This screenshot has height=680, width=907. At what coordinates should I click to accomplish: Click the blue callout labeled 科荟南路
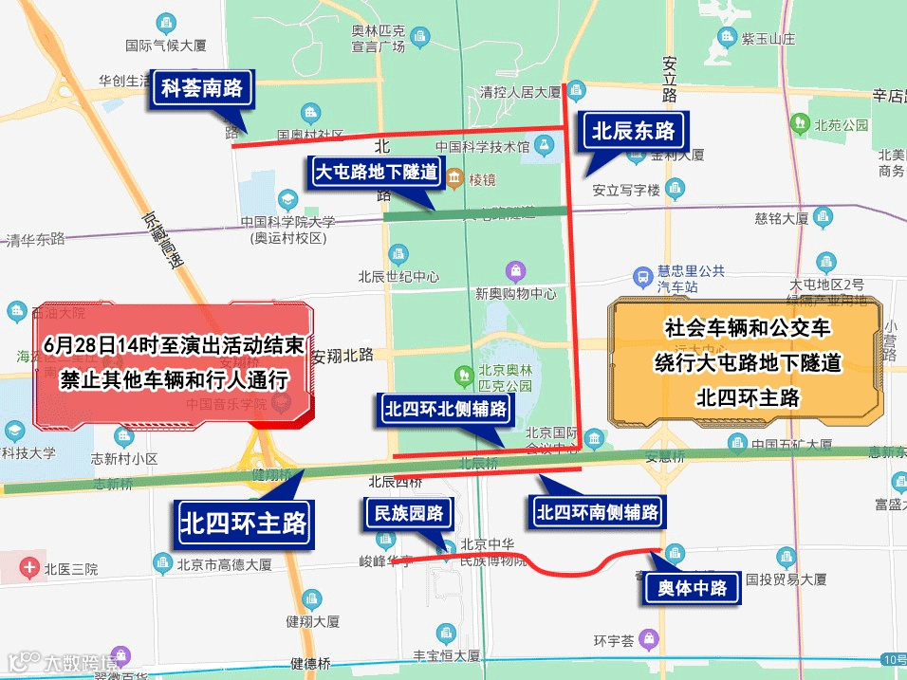click(x=202, y=90)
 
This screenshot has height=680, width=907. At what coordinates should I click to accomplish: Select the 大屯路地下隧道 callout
click(x=377, y=173)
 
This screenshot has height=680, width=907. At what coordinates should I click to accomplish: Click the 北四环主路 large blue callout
click(x=246, y=523)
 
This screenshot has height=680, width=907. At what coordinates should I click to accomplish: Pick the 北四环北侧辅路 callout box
click(x=445, y=410)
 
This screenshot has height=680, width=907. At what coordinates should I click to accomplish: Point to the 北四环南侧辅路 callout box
click(x=597, y=513)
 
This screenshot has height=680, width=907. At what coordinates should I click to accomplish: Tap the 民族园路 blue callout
click(x=409, y=514)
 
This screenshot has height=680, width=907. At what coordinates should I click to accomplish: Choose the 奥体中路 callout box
click(x=693, y=588)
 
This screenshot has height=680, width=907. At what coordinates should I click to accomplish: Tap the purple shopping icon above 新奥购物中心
click(x=515, y=271)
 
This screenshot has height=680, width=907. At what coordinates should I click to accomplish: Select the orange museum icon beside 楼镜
click(x=454, y=177)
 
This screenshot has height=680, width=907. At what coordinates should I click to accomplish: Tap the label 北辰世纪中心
click(x=398, y=277)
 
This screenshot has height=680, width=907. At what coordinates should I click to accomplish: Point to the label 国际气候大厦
click(x=166, y=44)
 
